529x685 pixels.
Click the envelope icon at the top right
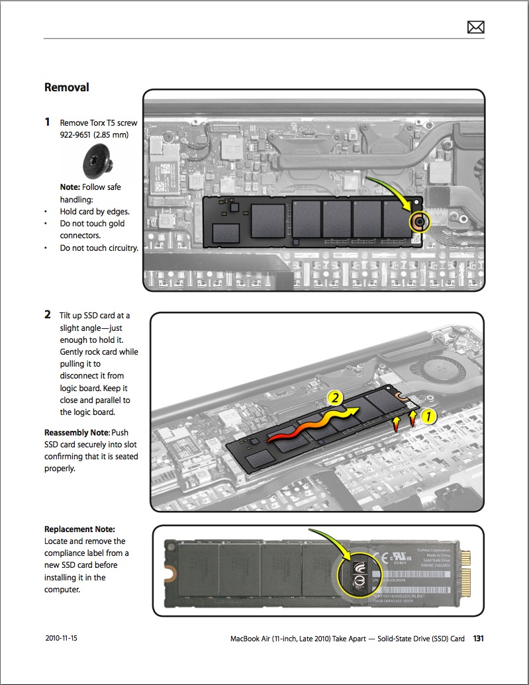click(475, 26)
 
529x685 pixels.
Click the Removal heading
click(66, 87)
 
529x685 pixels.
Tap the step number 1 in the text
click(47, 122)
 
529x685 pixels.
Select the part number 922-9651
click(78, 135)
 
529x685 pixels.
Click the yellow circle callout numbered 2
click(336, 398)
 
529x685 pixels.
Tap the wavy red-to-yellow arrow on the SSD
click(311, 426)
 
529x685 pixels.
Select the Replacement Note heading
click(79, 529)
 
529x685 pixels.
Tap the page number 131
click(479, 639)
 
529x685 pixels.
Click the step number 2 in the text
click(48, 316)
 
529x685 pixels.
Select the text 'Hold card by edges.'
click(94, 212)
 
